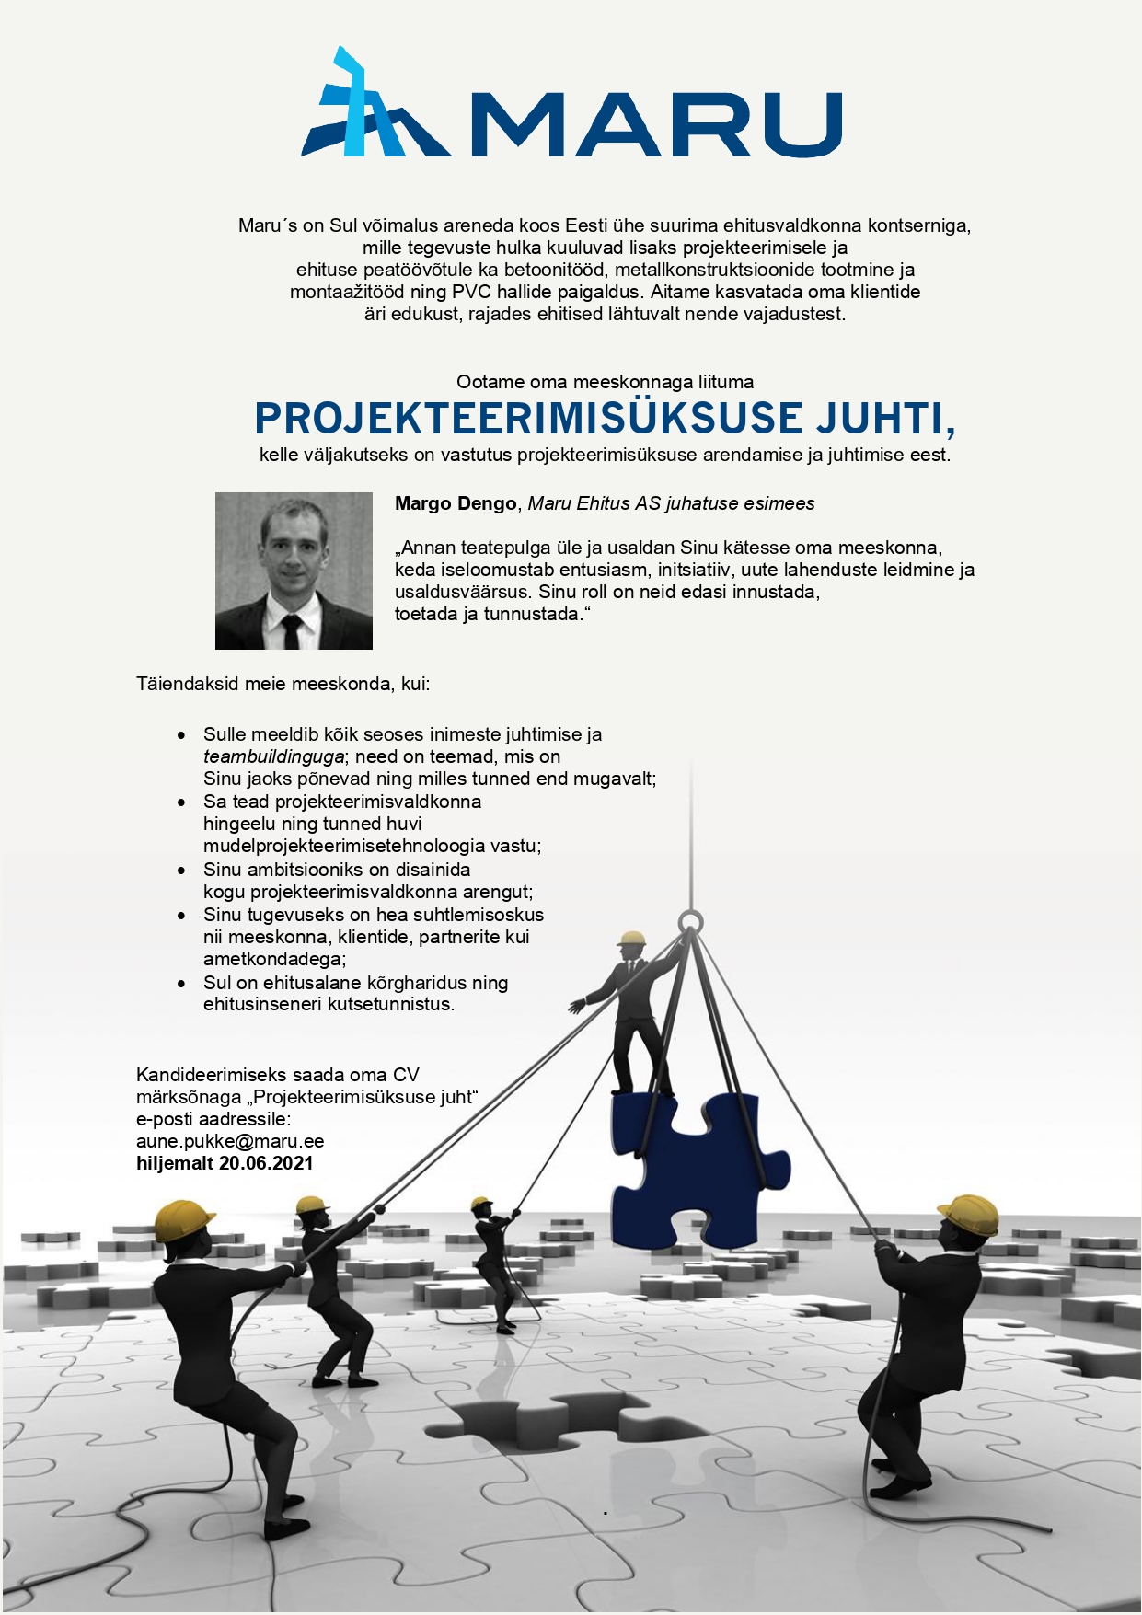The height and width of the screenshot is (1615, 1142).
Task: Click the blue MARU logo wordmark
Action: pos(655,123)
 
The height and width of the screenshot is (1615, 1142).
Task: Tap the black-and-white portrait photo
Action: pos(294,571)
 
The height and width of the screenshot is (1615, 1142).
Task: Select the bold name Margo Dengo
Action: pos(456,503)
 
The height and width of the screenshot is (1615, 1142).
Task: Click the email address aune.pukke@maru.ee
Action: pos(230,1141)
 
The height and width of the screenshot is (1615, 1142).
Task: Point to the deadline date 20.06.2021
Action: pos(266,1163)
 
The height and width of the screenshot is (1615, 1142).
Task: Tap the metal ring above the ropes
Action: pos(690,921)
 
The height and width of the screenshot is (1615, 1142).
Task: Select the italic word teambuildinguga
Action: pos(273,756)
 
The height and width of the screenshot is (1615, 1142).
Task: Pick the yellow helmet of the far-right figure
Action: pos(969,1213)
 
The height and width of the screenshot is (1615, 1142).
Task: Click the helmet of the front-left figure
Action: pos(183,1220)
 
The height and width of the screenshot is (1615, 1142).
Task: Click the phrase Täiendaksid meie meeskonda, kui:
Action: pos(283,685)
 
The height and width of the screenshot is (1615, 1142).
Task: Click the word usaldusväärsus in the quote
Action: pos(464,592)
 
